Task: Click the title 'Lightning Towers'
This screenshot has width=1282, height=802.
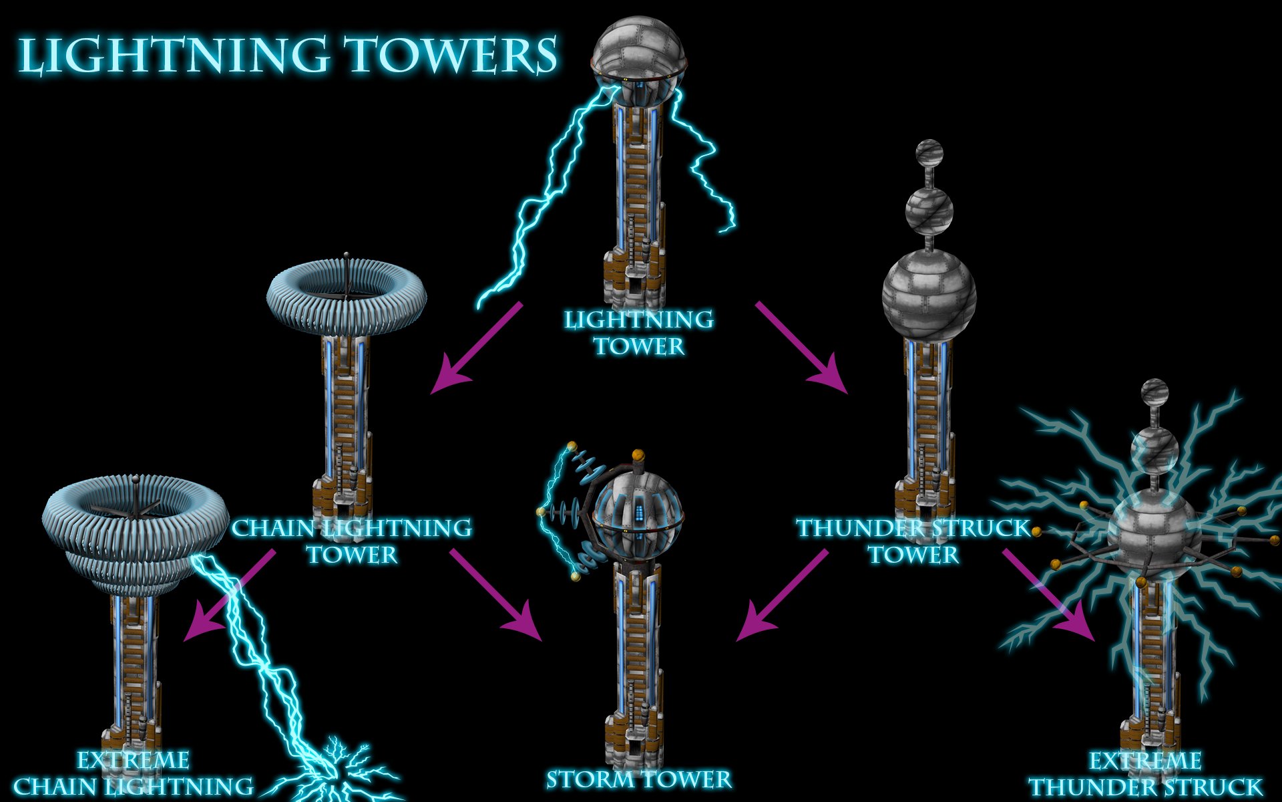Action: click(287, 55)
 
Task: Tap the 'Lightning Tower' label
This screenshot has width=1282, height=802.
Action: click(639, 333)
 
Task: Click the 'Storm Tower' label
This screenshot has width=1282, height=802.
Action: click(639, 779)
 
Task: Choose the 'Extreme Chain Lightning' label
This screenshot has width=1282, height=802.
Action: click(134, 774)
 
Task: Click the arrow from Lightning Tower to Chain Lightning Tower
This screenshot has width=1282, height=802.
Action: click(475, 348)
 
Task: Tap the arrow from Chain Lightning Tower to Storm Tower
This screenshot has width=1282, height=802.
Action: click(497, 595)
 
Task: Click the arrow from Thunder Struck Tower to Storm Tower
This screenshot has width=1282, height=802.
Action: click(781, 595)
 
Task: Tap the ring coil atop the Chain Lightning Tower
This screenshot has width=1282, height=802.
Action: click(346, 294)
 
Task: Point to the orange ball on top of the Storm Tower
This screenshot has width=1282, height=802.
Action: click(638, 455)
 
